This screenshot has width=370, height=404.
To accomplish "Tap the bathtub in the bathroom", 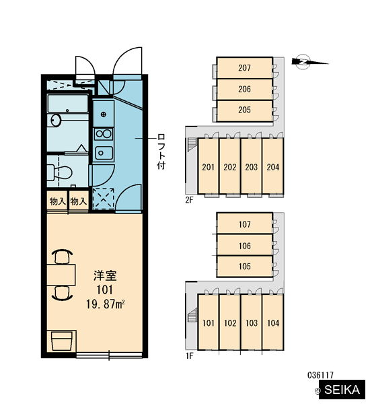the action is (x=68, y=104).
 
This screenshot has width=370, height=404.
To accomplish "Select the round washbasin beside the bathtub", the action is (x=56, y=121).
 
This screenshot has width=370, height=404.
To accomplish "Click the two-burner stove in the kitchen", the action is (x=104, y=134).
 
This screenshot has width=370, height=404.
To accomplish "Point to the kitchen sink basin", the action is (x=104, y=153).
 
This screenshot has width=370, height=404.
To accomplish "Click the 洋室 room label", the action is (x=105, y=275).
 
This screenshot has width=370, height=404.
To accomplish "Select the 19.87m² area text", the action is (x=106, y=304).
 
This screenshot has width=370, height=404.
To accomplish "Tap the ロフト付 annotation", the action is (x=161, y=151).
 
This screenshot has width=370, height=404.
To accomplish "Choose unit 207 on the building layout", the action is (x=244, y=68).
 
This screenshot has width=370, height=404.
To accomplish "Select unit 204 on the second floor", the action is (x=273, y=166).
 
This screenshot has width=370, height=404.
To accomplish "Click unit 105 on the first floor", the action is (x=244, y=266).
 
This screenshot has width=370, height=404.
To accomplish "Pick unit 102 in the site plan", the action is (x=230, y=323).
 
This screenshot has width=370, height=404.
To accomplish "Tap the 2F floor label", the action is (x=189, y=200).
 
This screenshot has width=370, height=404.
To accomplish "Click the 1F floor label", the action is (x=189, y=356).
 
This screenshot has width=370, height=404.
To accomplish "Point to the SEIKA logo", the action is (x=342, y=390).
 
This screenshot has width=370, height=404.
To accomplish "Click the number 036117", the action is (x=320, y=375).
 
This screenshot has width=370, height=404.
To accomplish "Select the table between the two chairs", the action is (x=61, y=275).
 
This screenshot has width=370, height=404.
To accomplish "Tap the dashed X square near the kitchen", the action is (x=104, y=198).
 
